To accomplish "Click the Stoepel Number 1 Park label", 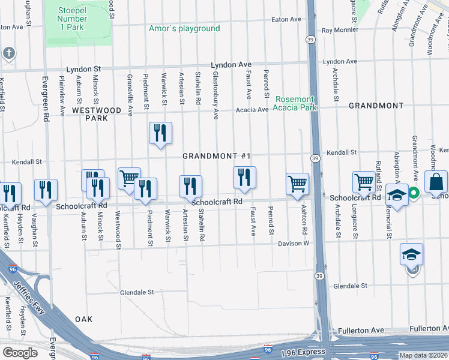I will pyautogui.click(x=73, y=19).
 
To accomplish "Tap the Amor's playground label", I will pyautogui.click(x=184, y=29).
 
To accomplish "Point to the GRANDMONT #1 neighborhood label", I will pyautogui.click(x=217, y=156).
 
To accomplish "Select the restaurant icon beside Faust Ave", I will pyautogui.click(x=244, y=177).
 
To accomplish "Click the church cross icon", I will pyautogui.click(x=8, y=53).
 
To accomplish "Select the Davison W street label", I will pyautogui.click(x=293, y=244).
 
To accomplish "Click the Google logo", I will pyautogui.click(x=20, y=352).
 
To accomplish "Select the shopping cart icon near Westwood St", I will pyautogui.click(x=129, y=178).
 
